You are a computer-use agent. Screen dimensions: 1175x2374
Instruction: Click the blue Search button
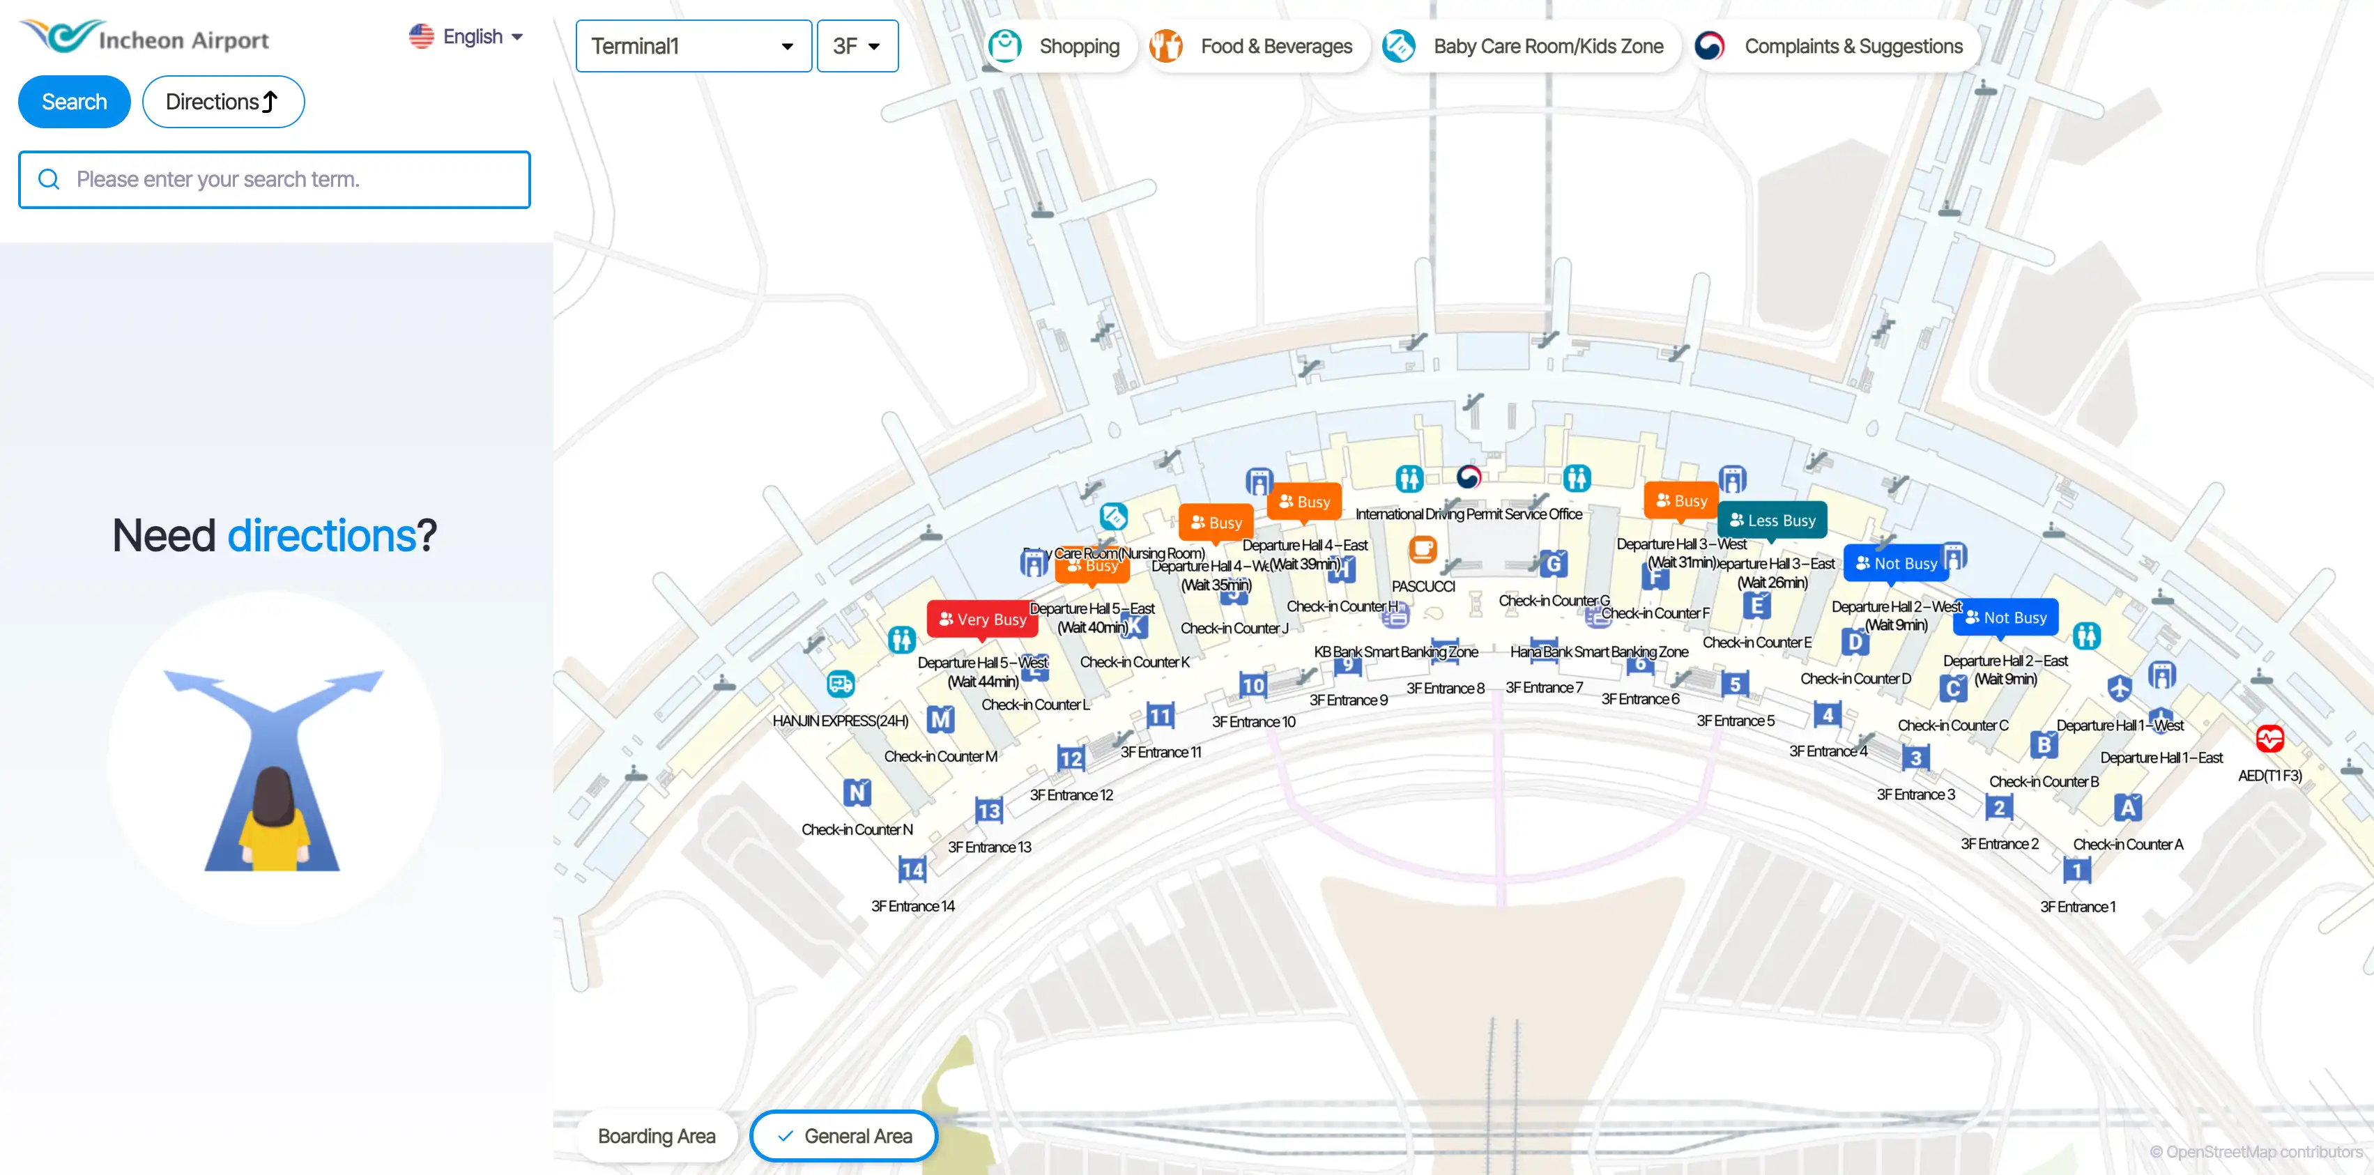(x=74, y=101)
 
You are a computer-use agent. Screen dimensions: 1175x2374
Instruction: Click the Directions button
(x=223, y=101)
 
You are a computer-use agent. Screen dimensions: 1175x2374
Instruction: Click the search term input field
(x=275, y=180)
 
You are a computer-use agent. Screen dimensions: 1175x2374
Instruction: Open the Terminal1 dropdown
(x=693, y=46)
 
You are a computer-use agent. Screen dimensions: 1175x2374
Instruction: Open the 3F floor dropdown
(x=857, y=46)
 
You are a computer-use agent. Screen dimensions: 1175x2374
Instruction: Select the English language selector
(x=466, y=37)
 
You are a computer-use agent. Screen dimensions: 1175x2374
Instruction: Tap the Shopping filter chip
(x=1056, y=46)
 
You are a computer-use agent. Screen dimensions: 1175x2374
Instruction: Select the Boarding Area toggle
(x=656, y=1136)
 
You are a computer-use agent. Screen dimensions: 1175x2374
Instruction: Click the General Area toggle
(x=844, y=1136)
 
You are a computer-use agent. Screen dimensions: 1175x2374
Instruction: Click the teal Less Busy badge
(x=1772, y=521)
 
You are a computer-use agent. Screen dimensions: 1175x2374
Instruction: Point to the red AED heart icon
(x=2270, y=738)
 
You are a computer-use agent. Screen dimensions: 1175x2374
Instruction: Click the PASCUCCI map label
(x=1423, y=586)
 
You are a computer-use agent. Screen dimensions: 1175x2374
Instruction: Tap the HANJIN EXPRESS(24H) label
(x=841, y=721)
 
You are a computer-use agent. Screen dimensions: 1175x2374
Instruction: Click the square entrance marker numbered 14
(x=912, y=869)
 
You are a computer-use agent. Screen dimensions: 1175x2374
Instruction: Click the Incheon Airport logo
(x=145, y=37)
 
